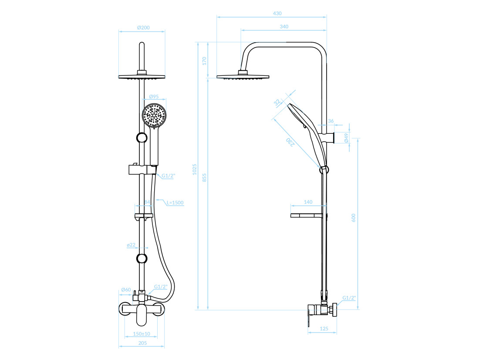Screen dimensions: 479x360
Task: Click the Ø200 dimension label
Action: (143, 27)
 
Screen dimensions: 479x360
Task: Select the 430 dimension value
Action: (277, 14)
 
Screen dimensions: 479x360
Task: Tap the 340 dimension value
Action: (284, 27)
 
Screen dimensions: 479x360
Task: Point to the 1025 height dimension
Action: (195, 170)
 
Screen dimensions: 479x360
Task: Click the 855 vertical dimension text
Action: (204, 178)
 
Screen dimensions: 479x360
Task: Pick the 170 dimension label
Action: (204, 61)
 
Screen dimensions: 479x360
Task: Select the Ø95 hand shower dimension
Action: (154, 97)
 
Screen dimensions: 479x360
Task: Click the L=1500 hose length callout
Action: (175, 203)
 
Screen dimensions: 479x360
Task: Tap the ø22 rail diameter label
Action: (131, 245)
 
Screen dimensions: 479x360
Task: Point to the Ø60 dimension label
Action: (126, 290)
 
